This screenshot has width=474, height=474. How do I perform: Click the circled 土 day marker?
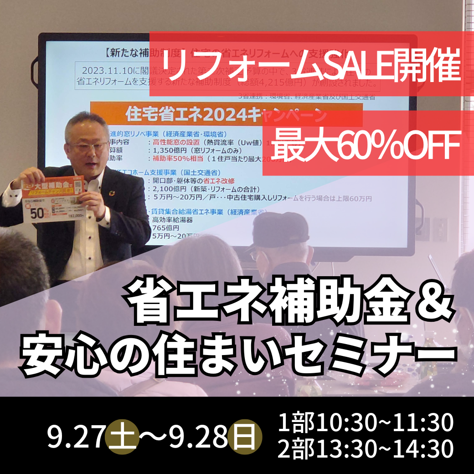pos(121,436)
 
